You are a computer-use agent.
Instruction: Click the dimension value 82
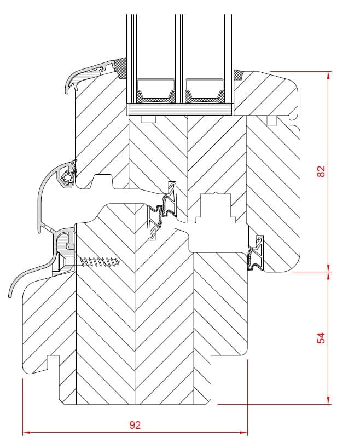click(x=321, y=171)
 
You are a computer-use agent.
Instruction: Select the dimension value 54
click(x=321, y=337)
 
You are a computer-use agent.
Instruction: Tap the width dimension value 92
click(x=135, y=424)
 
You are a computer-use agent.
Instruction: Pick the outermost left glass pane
click(x=131, y=49)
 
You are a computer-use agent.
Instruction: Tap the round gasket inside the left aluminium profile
click(x=67, y=178)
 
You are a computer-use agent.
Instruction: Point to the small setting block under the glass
click(x=148, y=119)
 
